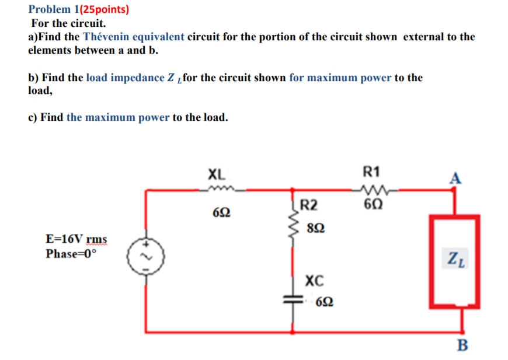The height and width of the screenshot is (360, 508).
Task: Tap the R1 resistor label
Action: tap(371, 172)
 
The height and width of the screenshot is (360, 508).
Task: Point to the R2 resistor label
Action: tap(309, 205)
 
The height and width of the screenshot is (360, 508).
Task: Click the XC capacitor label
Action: tap(314, 281)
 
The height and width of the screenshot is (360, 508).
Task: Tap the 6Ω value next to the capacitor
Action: tap(325, 303)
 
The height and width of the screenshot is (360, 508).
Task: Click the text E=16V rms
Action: tap(76, 239)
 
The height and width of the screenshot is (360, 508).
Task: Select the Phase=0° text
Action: tap(70, 254)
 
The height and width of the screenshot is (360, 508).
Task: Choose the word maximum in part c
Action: tap(111, 117)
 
